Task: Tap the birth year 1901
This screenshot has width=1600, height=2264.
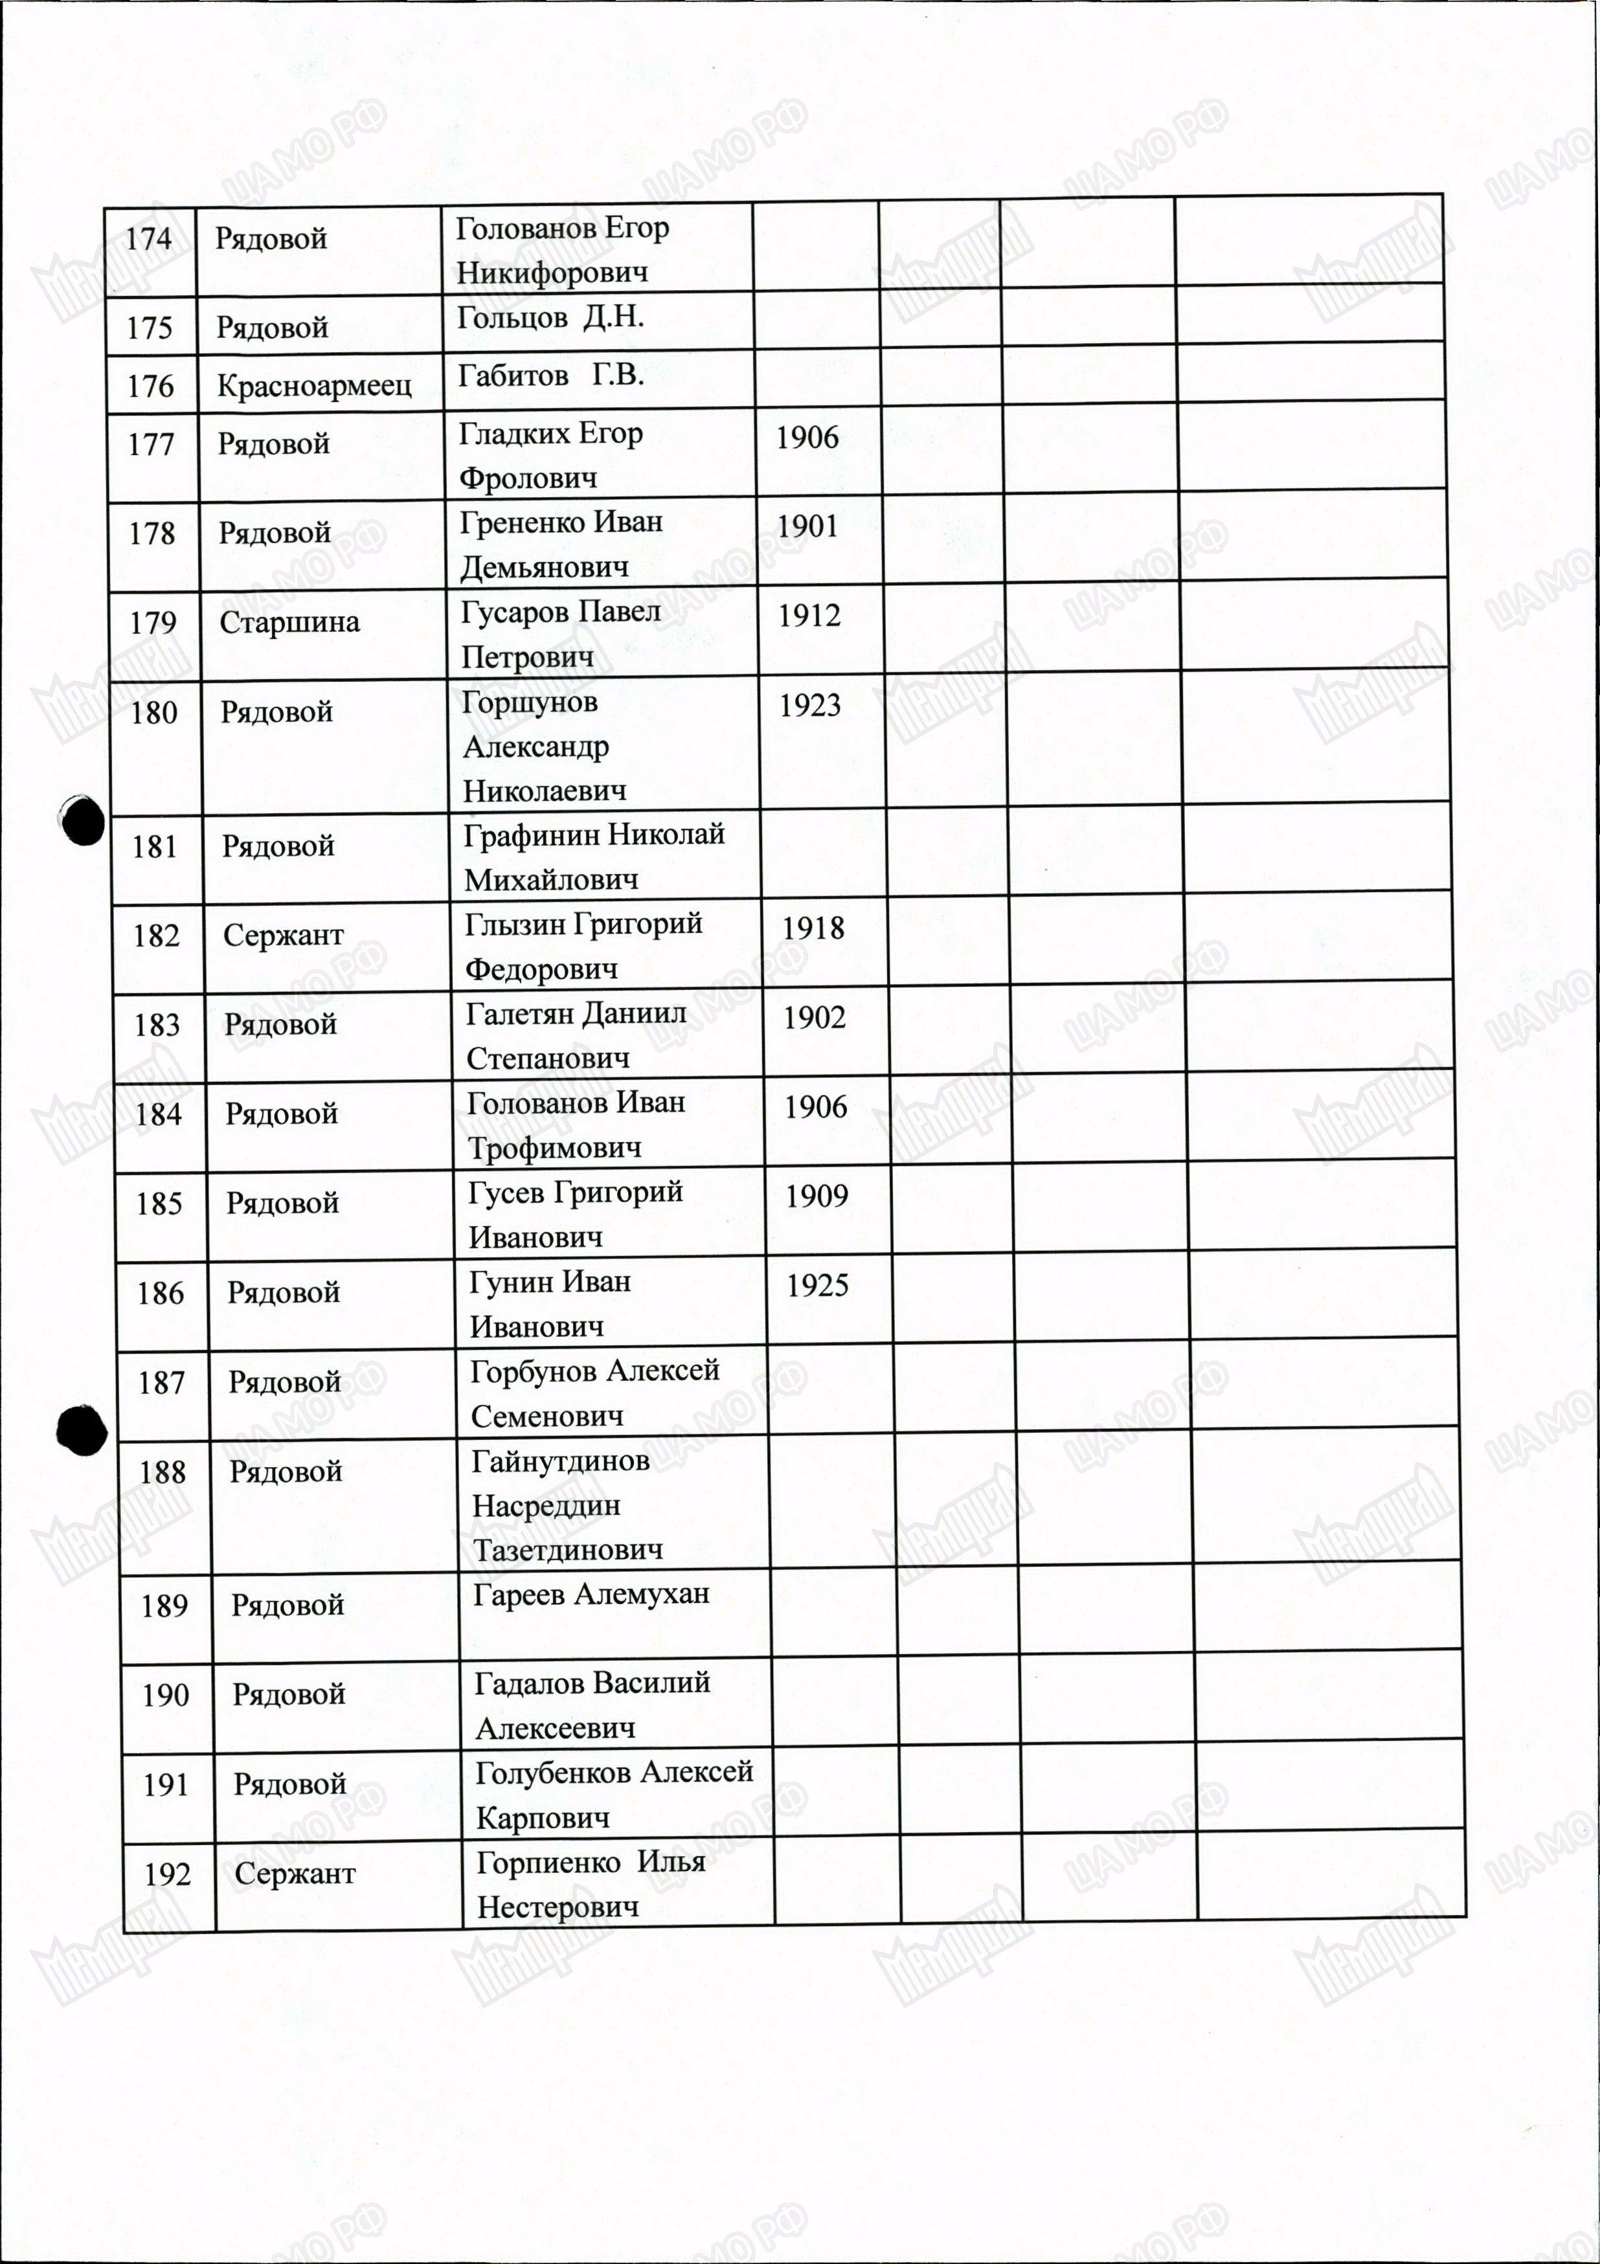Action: click(807, 526)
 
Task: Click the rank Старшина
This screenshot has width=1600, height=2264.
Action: click(289, 622)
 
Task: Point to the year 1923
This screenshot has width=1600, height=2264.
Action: click(810, 705)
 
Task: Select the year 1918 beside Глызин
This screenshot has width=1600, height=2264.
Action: click(813, 928)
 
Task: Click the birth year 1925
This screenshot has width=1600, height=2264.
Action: click(818, 1286)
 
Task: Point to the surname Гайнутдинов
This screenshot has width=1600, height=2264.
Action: click(560, 1461)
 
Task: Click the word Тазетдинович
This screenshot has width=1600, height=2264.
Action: click(568, 1550)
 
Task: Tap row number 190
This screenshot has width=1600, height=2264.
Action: click(164, 1695)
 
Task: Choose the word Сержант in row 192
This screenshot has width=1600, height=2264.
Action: click(295, 1874)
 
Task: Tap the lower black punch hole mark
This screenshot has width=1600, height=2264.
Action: click(82, 1429)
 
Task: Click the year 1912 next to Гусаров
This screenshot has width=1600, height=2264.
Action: click(809, 615)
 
